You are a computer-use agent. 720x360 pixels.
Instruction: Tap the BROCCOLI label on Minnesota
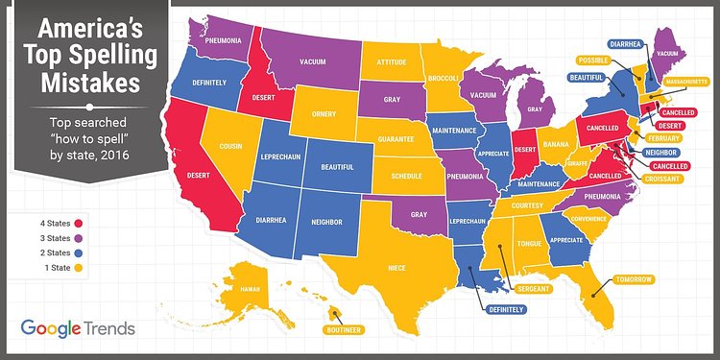tap(447, 78)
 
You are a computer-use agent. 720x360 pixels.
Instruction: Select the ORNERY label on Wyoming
tap(324, 114)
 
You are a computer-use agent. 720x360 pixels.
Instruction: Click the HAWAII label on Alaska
tap(250, 288)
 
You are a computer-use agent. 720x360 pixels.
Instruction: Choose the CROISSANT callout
tap(664, 180)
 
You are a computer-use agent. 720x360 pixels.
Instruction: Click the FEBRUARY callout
tap(662, 138)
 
